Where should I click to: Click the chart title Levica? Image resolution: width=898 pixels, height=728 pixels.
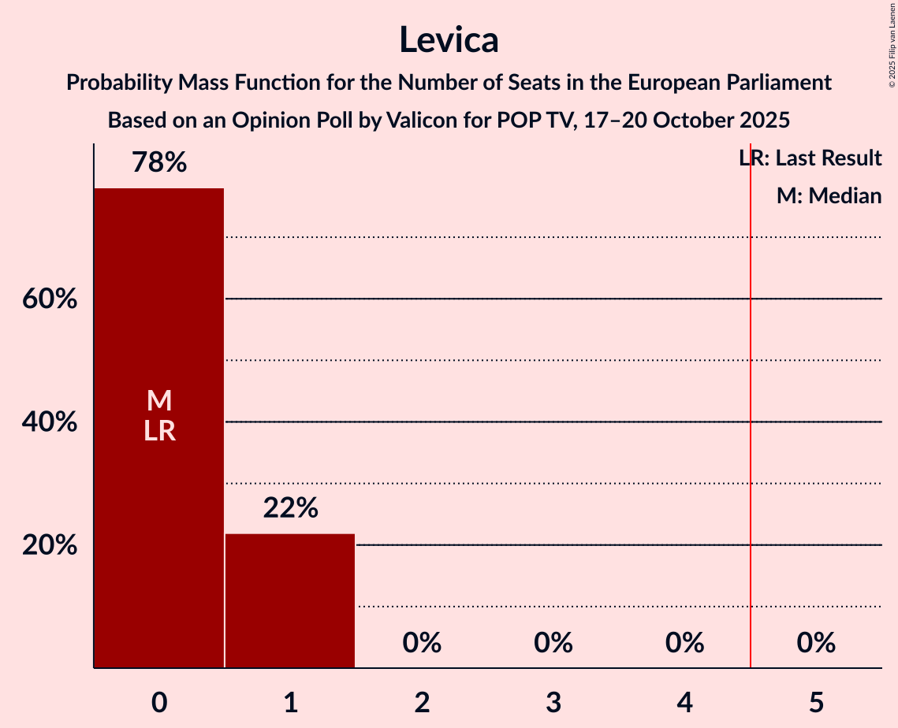449,39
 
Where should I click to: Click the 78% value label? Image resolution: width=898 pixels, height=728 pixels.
159,163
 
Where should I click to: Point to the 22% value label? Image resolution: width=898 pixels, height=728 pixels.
290,508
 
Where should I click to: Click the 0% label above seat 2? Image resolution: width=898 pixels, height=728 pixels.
422,643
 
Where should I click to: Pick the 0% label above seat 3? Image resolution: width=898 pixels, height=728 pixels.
553,643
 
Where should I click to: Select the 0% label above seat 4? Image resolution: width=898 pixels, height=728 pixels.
684,643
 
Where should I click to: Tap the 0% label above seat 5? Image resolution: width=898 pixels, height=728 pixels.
816,643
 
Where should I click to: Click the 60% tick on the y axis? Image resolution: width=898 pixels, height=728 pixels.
50,299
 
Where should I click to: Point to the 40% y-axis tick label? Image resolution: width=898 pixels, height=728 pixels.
50,422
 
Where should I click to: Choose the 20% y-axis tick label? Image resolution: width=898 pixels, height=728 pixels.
50,545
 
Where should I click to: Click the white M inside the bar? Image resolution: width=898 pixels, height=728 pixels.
159,401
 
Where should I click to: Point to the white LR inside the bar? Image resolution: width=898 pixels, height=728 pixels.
159,431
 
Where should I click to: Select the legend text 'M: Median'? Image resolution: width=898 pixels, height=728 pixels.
829,195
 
